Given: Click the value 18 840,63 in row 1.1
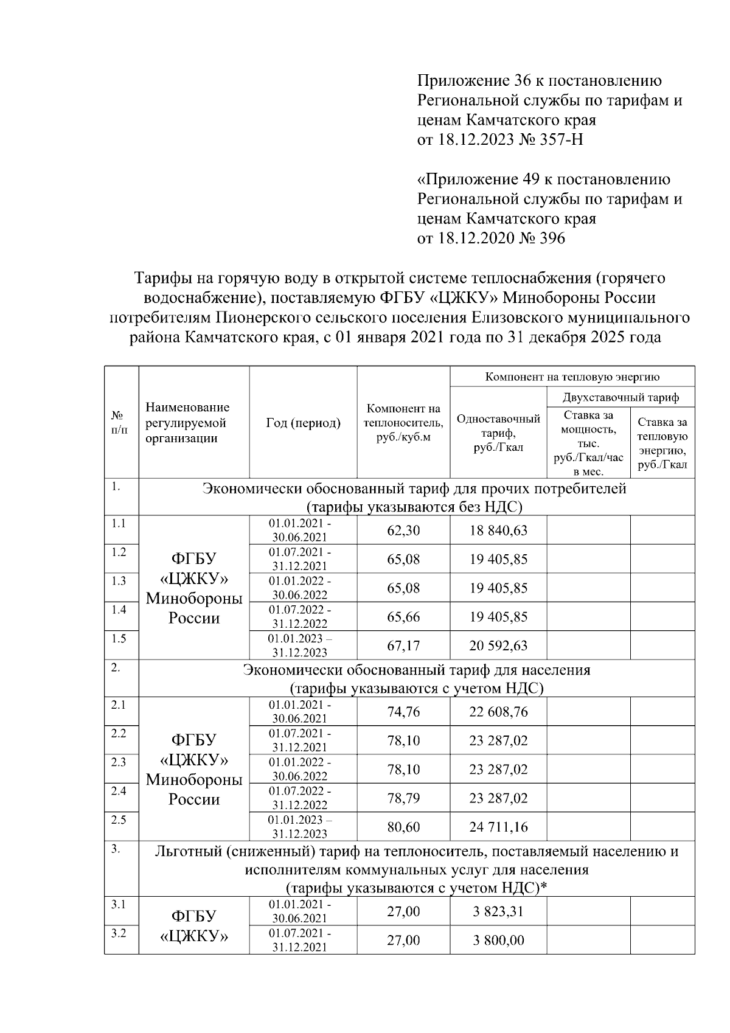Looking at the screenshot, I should pyautogui.click(x=498, y=530).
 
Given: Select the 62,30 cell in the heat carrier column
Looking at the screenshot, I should pyautogui.click(x=403, y=530).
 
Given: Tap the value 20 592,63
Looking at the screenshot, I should pyautogui.click(x=498, y=645).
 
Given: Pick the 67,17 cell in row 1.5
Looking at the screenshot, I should pyautogui.click(x=403, y=645).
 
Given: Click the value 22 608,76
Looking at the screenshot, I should pyautogui.click(x=498, y=712).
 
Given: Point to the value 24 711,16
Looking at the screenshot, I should pyautogui.click(x=498, y=827).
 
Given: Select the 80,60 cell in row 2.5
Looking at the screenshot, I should pyautogui.click(x=403, y=827).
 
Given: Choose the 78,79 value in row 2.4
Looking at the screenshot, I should pyautogui.click(x=403, y=798).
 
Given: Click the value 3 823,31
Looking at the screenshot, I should pyautogui.click(x=498, y=911).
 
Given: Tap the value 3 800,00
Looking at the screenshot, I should pyautogui.click(x=498, y=941).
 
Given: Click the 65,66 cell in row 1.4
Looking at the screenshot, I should pyautogui.click(x=403, y=617).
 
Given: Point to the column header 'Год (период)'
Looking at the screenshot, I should pyautogui.click(x=303, y=423).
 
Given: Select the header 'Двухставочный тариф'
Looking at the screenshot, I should pyautogui.click(x=620, y=398).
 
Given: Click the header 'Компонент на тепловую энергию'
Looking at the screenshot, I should pyautogui.click(x=572, y=377).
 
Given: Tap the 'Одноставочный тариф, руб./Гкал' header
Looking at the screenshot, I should pyautogui.click(x=498, y=433).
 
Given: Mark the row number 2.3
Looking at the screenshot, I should pyautogui.click(x=119, y=762).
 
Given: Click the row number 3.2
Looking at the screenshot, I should pyautogui.click(x=119, y=933).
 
